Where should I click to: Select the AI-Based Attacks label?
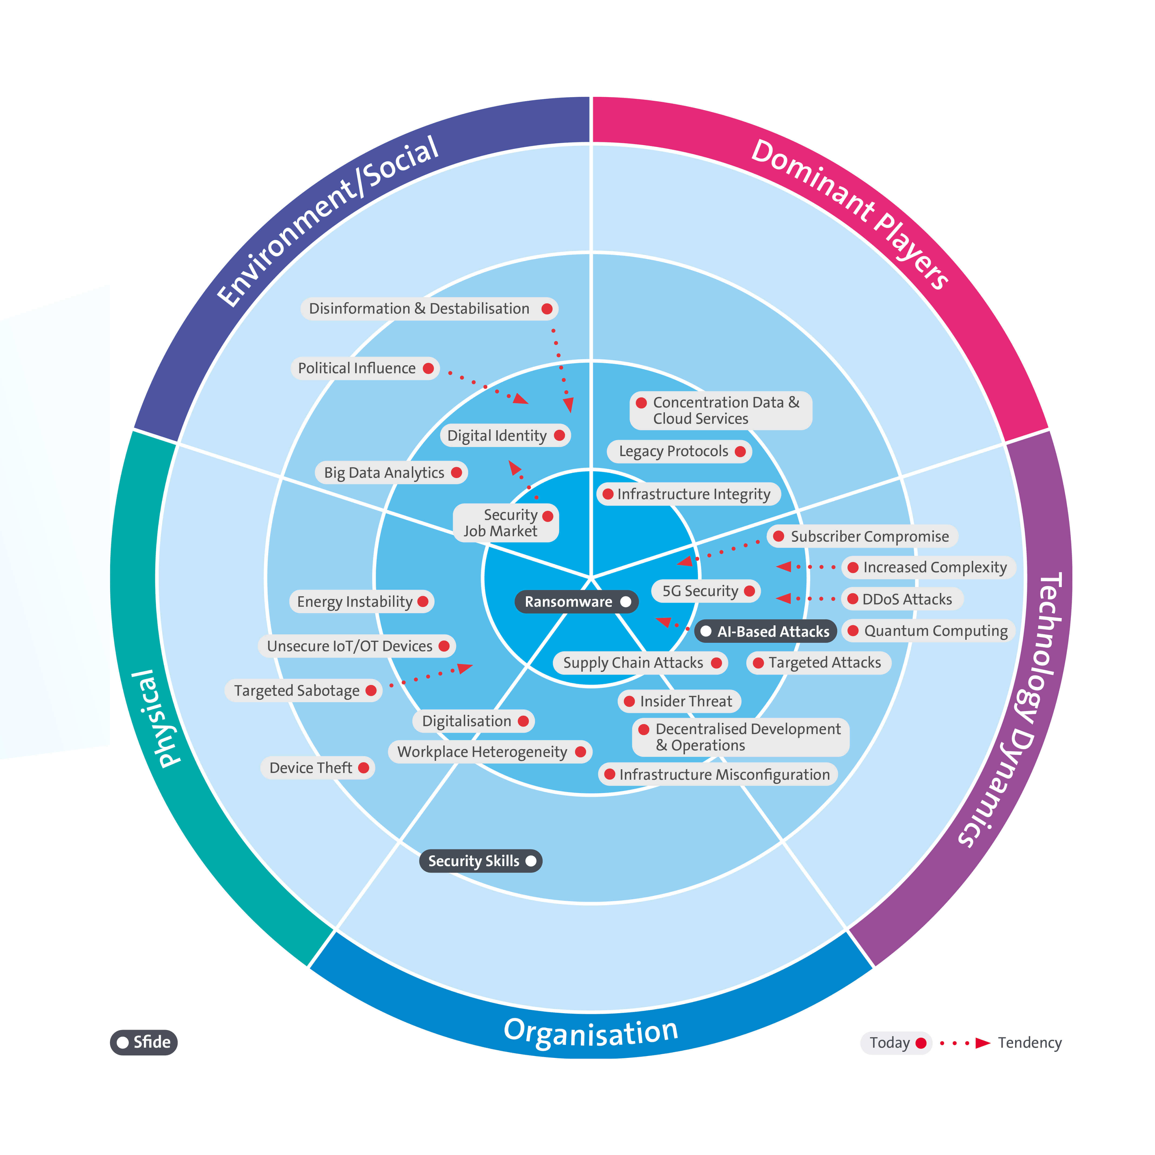pyautogui.click(x=773, y=631)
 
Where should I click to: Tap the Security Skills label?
pyautogui.click(x=474, y=861)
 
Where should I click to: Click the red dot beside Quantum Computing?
pyautogui.click(x=853, y=631)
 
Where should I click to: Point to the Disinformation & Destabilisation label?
pyautogui.click(x=419, y=308)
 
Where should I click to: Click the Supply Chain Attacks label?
pyautogui.click(x=633, y=662)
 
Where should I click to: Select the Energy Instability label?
pyautogui.click(x=355, y=601)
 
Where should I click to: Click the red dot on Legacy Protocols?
pyautogui.click(x=740, y=451)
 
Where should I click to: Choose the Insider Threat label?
pyautogui.click(x=686, y=701)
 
